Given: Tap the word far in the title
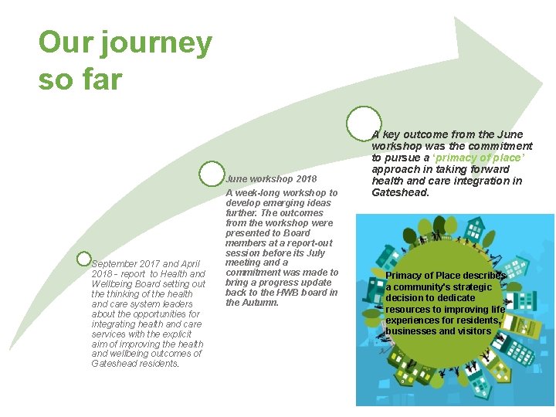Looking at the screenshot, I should [99, 79].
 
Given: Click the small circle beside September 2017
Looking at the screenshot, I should [85, 259].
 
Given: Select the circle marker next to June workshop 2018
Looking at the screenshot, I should [211, 173].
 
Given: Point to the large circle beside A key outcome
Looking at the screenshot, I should [362, 123].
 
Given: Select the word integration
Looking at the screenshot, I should [486, 181].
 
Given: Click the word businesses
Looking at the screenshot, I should [414, 331].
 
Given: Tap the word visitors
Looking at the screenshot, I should [475, 331].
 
